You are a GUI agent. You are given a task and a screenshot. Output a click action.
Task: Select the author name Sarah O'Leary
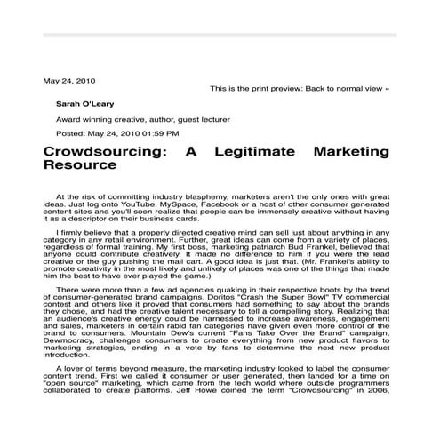pyautogui.click(x=84, y=103)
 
